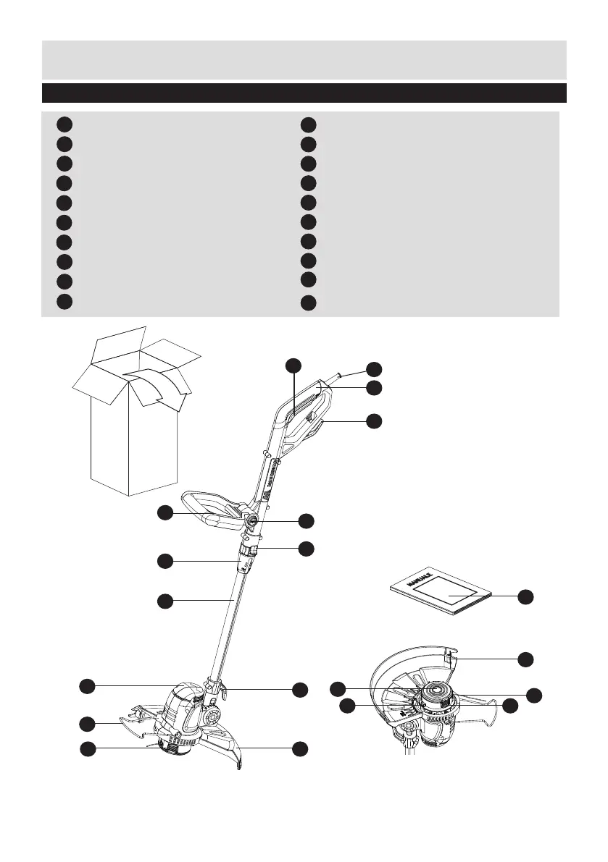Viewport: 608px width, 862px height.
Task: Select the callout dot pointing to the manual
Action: click(x=525, y=596)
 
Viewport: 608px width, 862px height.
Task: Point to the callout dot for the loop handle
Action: click(x=165, y=512)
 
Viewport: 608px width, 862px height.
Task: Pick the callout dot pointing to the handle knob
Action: click(x=306, y=520)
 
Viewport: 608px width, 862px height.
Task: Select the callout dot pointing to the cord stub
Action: click(x=373, y=368)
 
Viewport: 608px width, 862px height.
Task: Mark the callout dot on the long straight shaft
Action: click(x=165, y=600)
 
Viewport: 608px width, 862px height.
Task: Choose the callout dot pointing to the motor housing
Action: click(x=86, y=685)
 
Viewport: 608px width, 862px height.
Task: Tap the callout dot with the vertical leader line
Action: click(x=293, y=365)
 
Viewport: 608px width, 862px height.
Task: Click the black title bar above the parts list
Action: click(x=304, y=93)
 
